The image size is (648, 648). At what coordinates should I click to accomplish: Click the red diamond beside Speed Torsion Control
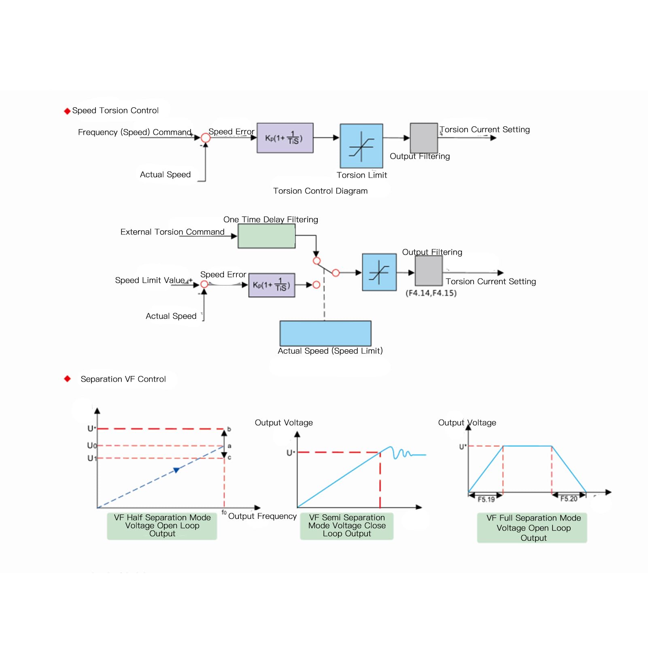point(67,111)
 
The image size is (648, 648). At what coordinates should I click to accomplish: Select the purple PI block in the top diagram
point(285,138)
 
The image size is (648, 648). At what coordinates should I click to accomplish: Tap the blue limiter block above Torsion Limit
point(361,146)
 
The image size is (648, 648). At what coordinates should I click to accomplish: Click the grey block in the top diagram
point(424,138)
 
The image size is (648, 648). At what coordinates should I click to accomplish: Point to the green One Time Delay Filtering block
point(267,236)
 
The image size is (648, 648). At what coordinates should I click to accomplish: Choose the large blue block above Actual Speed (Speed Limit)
point(325,333)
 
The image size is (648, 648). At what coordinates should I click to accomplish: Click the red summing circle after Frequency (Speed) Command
point(206,138)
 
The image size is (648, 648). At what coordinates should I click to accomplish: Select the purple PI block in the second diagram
point(272,285)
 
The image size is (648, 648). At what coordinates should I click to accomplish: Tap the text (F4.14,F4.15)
point(431,293)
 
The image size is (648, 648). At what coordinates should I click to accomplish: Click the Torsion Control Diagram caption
point(320,191)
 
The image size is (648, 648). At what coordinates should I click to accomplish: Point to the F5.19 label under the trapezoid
point(486,499)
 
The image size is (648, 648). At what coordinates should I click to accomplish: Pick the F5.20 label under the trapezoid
point(569,499)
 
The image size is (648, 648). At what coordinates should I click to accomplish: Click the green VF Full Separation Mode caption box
point(532,528)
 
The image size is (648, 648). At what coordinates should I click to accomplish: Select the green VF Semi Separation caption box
point(347,526)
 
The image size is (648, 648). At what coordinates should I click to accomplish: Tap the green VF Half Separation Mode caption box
point(162,526)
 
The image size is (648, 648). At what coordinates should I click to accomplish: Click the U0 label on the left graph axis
point(92,446)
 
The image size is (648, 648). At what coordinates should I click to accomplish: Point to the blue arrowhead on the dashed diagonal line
point(176,470)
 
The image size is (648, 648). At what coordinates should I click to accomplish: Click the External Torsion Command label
point(172,232)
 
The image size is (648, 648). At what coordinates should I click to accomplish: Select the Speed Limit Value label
point(150,280)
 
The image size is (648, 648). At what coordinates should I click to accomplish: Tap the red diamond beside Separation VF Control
point(67,379)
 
